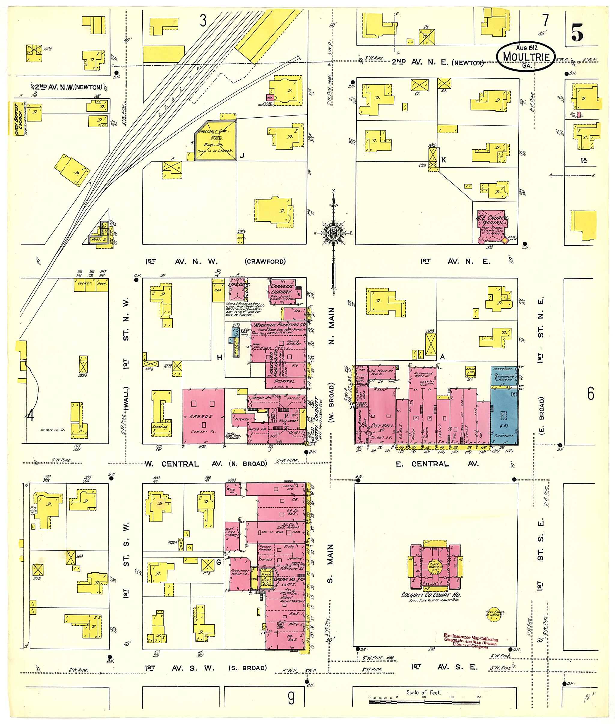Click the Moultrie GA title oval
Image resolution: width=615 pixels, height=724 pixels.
[x=526, y=57]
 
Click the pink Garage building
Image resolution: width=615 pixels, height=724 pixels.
[x=204, y=416]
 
